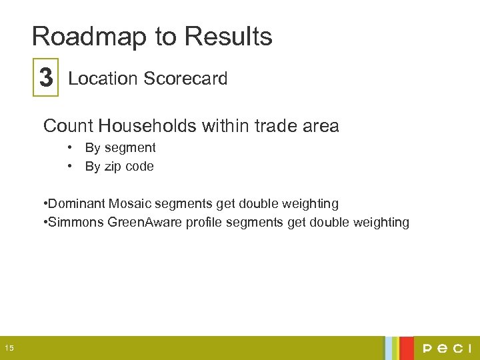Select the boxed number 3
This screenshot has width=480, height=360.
click(46, 79)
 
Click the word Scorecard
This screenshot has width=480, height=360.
click(185, 79)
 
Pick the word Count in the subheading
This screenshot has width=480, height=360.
click(67, 125)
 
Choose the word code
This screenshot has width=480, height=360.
click(140, 167)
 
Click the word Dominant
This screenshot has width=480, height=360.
click(76, 203)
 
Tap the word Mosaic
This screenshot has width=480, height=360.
click(133, 203)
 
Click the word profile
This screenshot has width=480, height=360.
click(204, 222)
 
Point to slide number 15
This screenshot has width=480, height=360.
click(9, 348)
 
